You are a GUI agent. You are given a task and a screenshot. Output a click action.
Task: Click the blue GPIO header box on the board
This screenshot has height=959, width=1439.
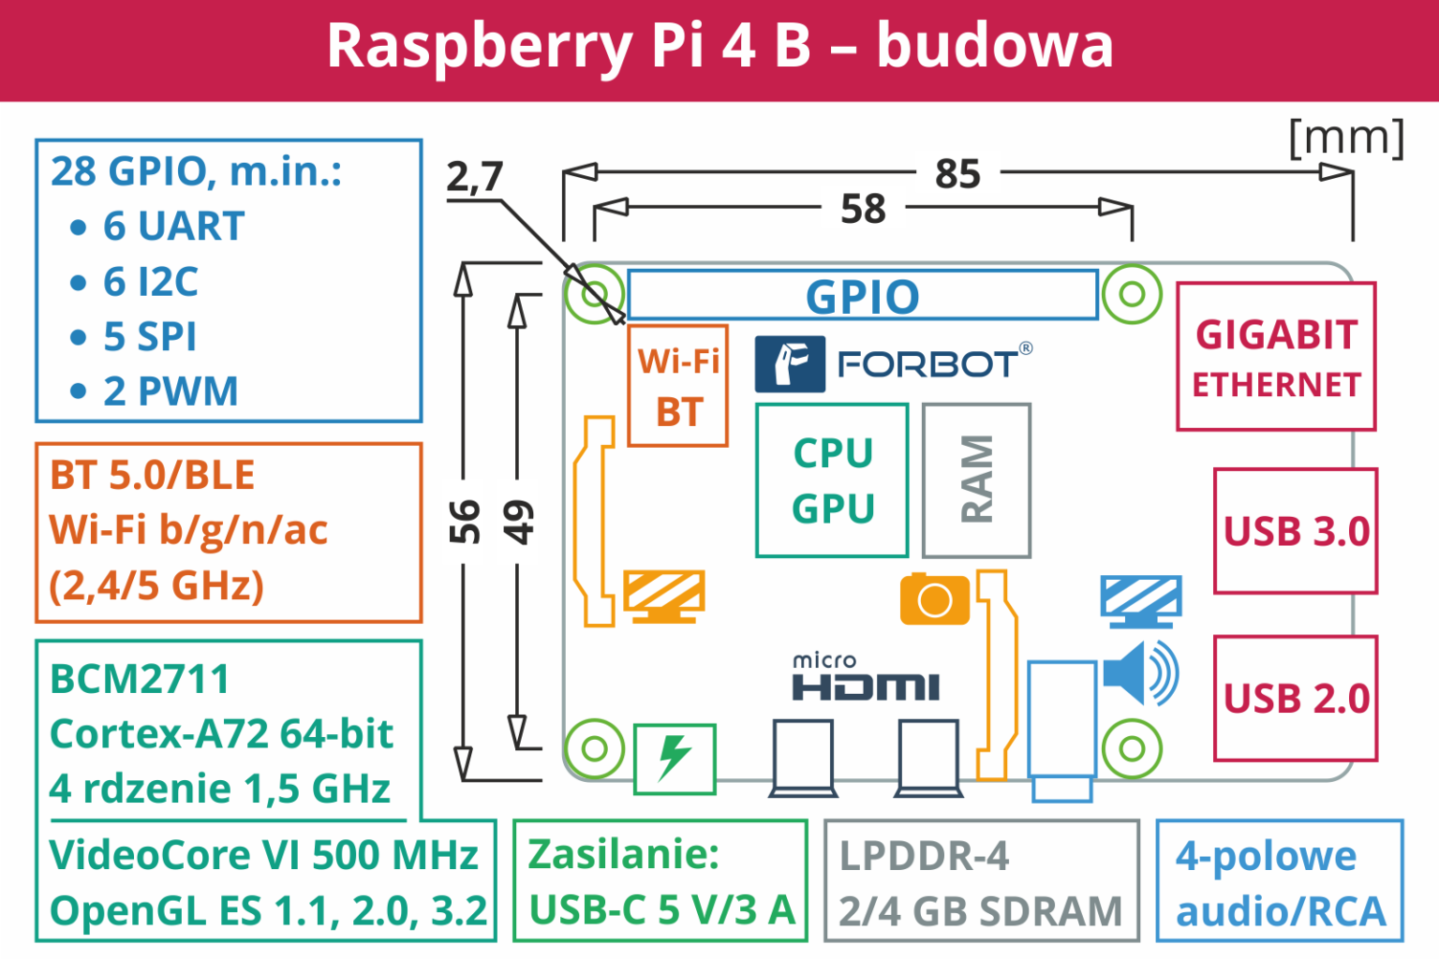[862, 296]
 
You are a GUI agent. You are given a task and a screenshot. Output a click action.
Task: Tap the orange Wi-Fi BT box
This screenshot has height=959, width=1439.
[677, 386]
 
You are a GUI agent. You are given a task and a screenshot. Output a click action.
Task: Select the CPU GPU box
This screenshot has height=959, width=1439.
[832, 480]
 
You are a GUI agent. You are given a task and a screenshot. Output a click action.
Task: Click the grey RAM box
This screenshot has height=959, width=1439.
[976, 480]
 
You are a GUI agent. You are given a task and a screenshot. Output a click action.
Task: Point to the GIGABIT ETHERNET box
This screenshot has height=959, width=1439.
[1276, 357]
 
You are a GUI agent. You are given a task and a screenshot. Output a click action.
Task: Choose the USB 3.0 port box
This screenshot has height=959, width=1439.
[1296, 531]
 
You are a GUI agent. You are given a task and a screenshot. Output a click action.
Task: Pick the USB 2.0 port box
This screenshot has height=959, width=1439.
[1296, 699]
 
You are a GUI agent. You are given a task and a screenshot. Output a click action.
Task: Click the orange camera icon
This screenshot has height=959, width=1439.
[934, 599]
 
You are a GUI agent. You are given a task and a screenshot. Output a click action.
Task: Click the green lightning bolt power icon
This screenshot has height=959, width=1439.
[675, 758]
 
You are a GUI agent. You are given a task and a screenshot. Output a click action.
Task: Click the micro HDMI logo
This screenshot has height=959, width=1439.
[865, 679]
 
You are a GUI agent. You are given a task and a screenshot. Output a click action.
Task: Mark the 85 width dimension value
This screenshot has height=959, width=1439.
[957, 174]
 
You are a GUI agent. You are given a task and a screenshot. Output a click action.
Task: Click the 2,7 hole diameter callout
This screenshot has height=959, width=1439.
[475, 177]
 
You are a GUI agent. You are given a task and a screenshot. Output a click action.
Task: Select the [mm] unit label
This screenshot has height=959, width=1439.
[1346, 139]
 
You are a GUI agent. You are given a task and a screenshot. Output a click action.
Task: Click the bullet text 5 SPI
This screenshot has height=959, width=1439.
[150, 337]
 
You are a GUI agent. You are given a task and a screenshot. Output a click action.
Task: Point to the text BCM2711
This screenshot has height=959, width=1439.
[140, 680]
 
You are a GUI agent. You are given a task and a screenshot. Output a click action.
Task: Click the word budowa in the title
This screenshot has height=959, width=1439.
[995, 46]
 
